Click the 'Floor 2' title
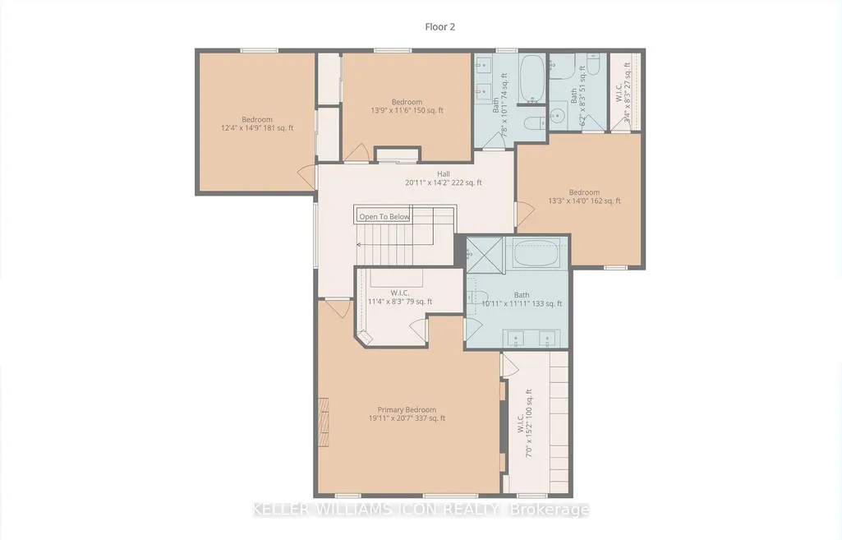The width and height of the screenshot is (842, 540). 439,27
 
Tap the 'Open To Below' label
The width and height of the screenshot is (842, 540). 384,216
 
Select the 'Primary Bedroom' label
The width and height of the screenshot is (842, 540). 407,409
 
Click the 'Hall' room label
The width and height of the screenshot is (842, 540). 443,174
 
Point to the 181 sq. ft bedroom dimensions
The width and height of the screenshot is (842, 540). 257,128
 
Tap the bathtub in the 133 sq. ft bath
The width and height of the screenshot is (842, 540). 536,252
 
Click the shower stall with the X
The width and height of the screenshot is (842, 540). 485,255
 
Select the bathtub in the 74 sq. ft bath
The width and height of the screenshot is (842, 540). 532,78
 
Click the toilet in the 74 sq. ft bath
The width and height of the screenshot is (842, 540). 534,122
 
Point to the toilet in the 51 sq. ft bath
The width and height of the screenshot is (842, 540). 593,63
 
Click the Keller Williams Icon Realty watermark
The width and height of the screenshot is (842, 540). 421,510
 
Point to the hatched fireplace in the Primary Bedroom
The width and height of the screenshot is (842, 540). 324,422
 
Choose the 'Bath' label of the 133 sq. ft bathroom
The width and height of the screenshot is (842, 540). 522,295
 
